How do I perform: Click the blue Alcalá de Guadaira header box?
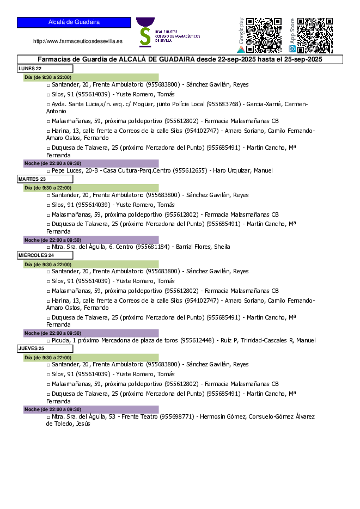[x=74, y=22]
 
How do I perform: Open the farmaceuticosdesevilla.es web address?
[x=78, y=41]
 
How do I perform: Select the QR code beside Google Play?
[x=264, y=35]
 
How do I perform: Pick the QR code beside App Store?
[x=315, y=35]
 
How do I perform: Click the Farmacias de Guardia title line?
[x=180, y=59]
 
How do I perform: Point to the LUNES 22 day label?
[x=30, y=69]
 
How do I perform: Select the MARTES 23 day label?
[x=32, y=179]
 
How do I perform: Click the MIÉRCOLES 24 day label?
[x=36, y=255]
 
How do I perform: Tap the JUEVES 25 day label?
[x=31, y=347]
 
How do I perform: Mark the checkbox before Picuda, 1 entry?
[x=48, y=341]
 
